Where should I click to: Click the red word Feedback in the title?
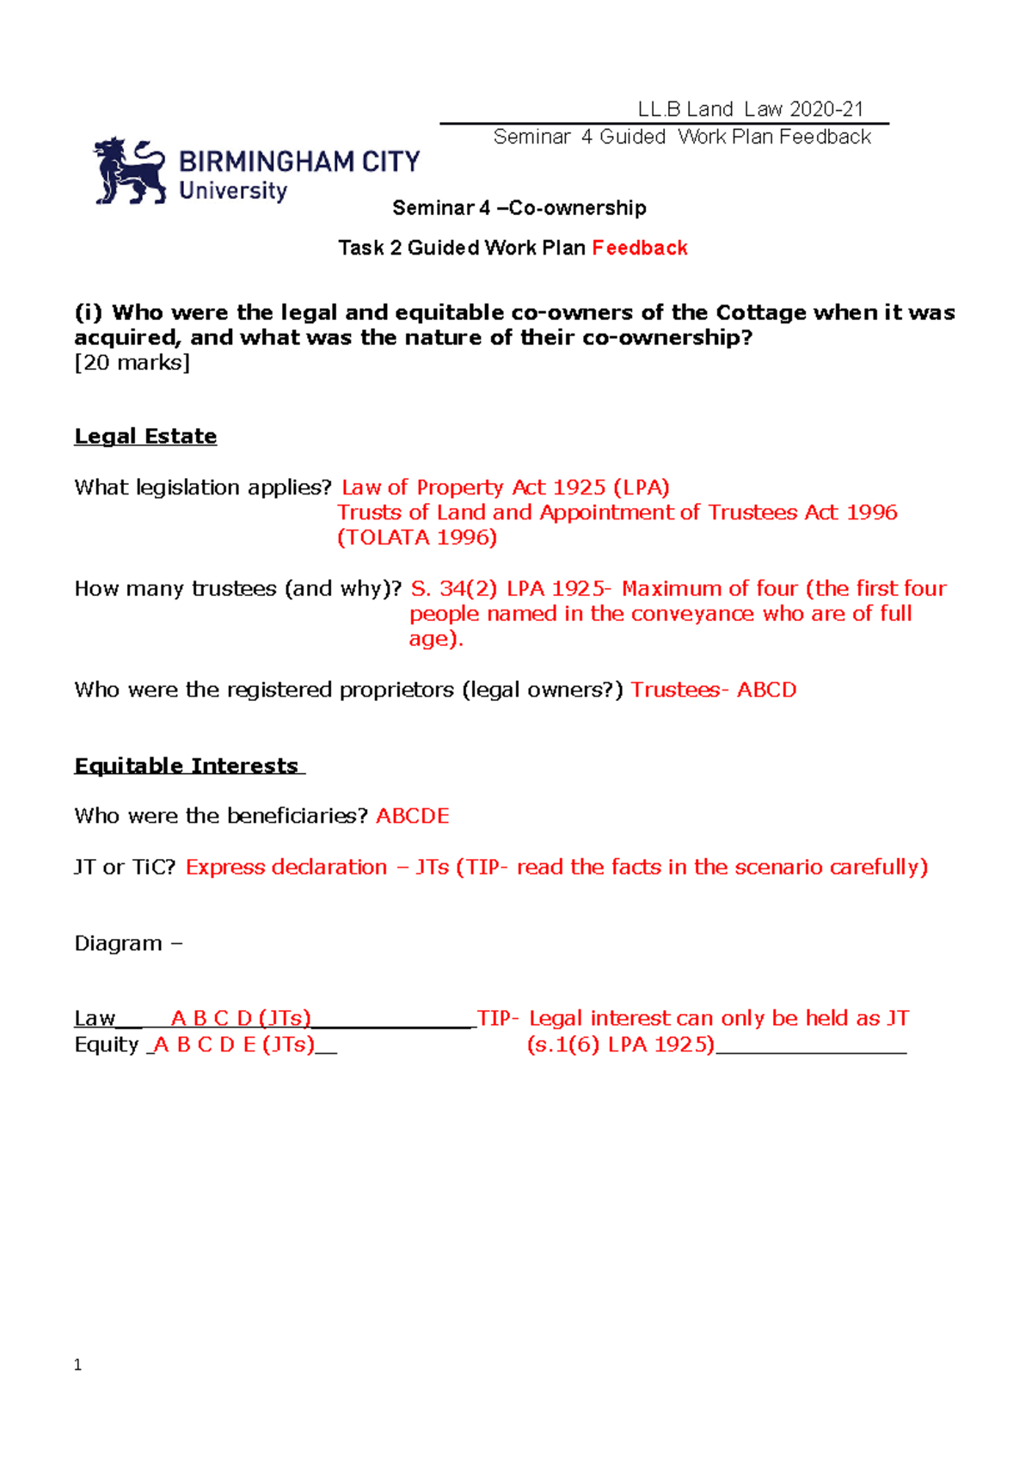[x=639, y=248]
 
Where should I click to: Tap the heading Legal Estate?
[x=145, y=437]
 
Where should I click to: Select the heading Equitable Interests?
[x=187, y=766]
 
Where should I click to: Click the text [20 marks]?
[x=132, y=363]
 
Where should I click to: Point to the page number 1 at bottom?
[x=78, y=1365]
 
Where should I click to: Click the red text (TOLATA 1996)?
[x=417, y=537]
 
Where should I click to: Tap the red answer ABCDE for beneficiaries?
[x=412, y=816]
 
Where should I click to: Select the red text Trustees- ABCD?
[x=713, y=690]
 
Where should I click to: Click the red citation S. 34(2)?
[x=453, y=589]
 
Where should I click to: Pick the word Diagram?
[x=118, y=944]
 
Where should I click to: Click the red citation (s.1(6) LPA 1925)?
[x=620, y=1045]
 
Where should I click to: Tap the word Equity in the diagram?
[x=107, y=1045]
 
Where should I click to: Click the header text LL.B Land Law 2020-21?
[x=750, y=109]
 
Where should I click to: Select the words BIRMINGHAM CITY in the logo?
[x=298, y=162]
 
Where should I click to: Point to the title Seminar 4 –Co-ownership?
[x=519, y=208]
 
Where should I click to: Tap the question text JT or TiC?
[x=125, y=868]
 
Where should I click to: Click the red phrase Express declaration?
[x=286, y=868]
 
